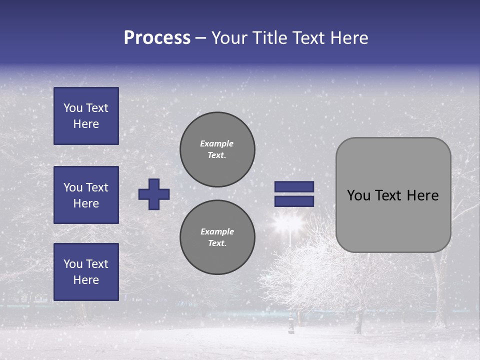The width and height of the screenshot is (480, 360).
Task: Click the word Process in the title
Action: pos(157,38)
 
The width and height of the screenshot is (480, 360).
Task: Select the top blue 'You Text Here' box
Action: pos(86,116)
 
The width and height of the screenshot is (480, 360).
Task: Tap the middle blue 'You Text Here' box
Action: pos(86,195)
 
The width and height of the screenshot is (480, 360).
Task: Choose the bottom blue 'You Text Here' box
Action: pos(86,272)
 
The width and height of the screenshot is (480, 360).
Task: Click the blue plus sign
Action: pos(154,194)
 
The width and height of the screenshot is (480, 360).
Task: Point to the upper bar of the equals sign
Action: pos(294,186)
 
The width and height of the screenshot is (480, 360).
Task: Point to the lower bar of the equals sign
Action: pos(294,201)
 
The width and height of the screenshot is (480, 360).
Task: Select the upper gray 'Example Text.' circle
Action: pos(217,149)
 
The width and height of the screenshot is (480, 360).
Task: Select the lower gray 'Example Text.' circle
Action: pos(217,237)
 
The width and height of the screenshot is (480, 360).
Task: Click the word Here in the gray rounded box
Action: pos(422,195)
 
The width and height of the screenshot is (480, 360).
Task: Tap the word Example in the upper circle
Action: pos(216,143)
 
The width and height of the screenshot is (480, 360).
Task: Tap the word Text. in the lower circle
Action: pos(217,243)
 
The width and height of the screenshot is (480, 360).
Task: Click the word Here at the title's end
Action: pos(349,38)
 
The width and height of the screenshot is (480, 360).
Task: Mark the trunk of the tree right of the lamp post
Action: pos(358,320)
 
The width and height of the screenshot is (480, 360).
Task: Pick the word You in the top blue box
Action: pos(72,108)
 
